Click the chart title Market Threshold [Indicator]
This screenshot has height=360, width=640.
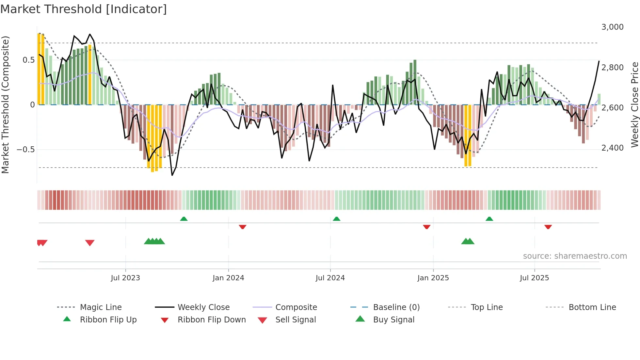coord(84,9)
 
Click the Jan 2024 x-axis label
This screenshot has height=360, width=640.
coord(228,278)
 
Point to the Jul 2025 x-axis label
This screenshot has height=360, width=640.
coord(534,278)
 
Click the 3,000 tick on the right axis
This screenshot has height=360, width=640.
coord(612,27)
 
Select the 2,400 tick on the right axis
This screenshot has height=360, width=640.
coord(612,148)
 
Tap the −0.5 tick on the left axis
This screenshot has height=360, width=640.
coord(25,149)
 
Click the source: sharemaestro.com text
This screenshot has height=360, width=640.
coord(575,256)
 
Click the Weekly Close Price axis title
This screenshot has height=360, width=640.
coord(634,105)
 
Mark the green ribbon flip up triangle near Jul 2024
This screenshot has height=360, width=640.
coord(336,219)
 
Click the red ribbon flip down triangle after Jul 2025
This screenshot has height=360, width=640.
coord(548,227)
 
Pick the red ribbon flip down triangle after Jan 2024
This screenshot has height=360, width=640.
coord(242,227)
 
